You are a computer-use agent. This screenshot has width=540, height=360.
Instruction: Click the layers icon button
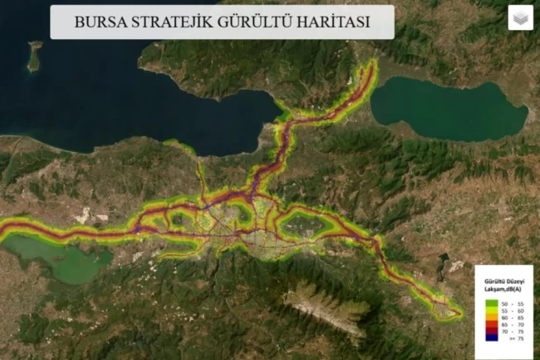tap(520, 17)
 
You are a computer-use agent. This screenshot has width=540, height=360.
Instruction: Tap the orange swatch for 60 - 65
tap(492, 316)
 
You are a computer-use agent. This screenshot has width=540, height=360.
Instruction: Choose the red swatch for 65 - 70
tap(492, 323)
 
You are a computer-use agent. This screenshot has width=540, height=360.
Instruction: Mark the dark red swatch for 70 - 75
tap(492, 332)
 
